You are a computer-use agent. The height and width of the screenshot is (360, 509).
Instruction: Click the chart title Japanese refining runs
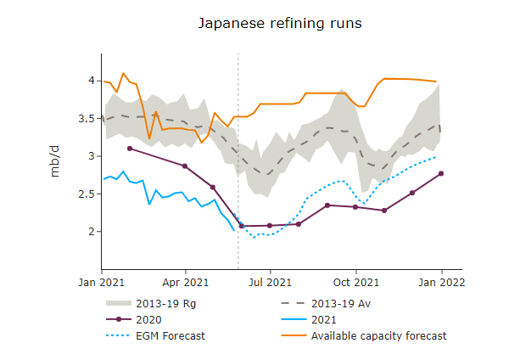click(x=280, y=23)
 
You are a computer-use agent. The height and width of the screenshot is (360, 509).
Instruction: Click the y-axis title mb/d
click(x=55, y=160)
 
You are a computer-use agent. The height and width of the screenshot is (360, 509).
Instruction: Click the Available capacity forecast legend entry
click(x=378, y=336)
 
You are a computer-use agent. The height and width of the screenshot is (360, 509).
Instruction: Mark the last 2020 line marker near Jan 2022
click(x=441, y=173)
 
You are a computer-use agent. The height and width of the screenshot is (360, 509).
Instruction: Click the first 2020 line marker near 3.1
click(x=129, y=149)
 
